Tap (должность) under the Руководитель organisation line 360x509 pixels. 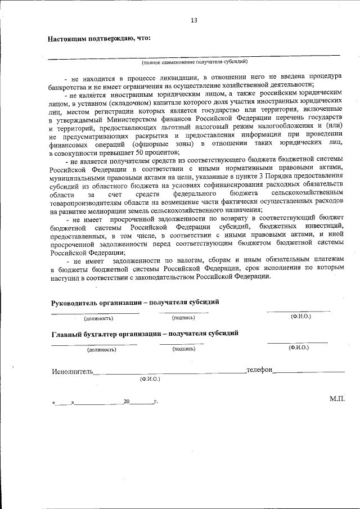tap(98, 318)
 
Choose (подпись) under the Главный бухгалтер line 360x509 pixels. tap(184, 349)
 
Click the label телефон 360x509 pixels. tap(259, 370)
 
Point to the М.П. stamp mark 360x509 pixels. tap(337, 398)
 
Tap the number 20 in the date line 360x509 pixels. tap(127, 403)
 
